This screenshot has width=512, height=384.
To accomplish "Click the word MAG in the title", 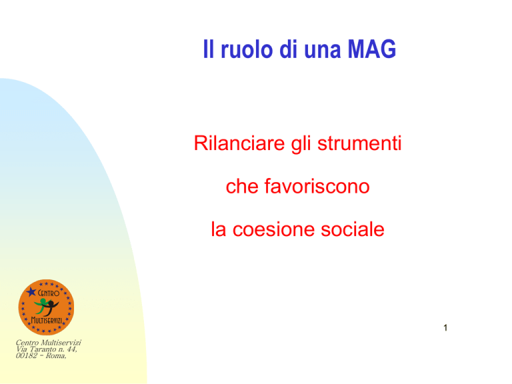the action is [x=371, y=49].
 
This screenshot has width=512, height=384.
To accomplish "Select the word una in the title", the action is [x=323, y=51].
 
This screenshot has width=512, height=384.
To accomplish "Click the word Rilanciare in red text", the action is [x=239, y=143].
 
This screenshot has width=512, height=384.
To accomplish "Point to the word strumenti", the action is [x=359, y=143].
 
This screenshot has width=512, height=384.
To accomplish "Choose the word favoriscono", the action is [x=317, y=186].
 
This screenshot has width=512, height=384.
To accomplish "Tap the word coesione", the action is [x=273, y=229].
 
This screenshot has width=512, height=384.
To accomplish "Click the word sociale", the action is [x=352, y=229].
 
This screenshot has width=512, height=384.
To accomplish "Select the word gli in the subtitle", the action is [x=301, y=144].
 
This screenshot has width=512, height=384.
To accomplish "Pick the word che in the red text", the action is [x=242, y=186].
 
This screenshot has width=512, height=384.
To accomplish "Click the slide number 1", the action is [x=445, y=328].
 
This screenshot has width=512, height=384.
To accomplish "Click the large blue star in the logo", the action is [x=31, y=291].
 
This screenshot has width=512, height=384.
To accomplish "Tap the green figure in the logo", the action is [x=41, y=306].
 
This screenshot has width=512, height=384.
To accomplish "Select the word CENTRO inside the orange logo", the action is [x=49, y=293].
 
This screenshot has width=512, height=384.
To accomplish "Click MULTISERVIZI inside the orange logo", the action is [x=47, y=320].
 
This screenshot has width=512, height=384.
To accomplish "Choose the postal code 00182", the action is [x=27, y=355].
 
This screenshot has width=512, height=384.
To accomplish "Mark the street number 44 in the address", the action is [x=71, y=349].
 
